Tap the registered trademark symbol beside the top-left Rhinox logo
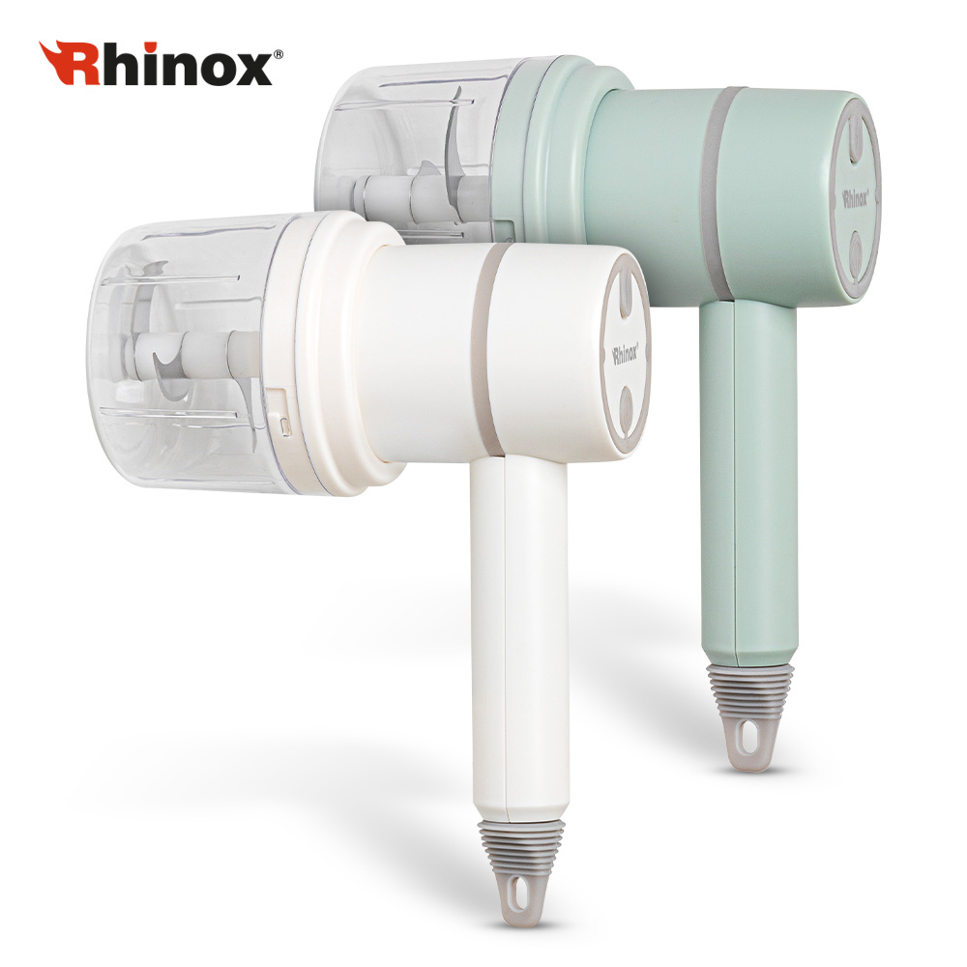[x=278, y=55]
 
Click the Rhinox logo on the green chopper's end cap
[x=856, y=198]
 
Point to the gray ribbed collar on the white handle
[x=522, y=837]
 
